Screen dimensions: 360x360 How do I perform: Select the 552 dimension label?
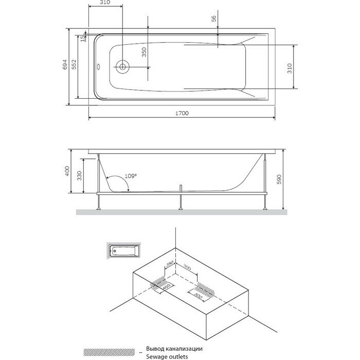[x=74, y=65]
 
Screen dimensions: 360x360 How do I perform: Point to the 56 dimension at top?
[x=214, y=19]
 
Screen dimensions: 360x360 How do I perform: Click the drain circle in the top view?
[x=123, y=66]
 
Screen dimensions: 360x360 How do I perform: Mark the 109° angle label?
[x=131, y=176]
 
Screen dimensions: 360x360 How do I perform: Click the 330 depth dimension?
[x=78, y=176]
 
